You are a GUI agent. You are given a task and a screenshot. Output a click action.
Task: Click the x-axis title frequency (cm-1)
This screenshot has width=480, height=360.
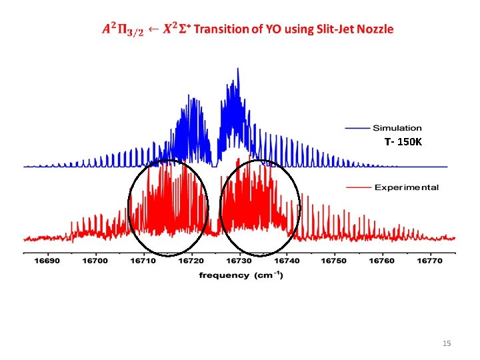pyautogui.click(x=241, y=275)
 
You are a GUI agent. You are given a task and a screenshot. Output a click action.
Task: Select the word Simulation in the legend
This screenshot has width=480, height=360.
pyautogui.click(x=397, y=128)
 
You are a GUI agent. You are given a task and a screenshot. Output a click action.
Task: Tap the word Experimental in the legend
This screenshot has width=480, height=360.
pyautogui.click(x=406, y=187)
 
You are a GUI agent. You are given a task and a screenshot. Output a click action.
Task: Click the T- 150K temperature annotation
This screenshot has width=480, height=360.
pyautogui.click(x=403, y=142)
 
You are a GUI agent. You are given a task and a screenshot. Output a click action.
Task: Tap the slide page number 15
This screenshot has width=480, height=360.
pyautogui.click(x=447, y=343)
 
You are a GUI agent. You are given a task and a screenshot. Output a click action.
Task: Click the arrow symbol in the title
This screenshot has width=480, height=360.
pyautogui.click(x=153, y=29)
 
